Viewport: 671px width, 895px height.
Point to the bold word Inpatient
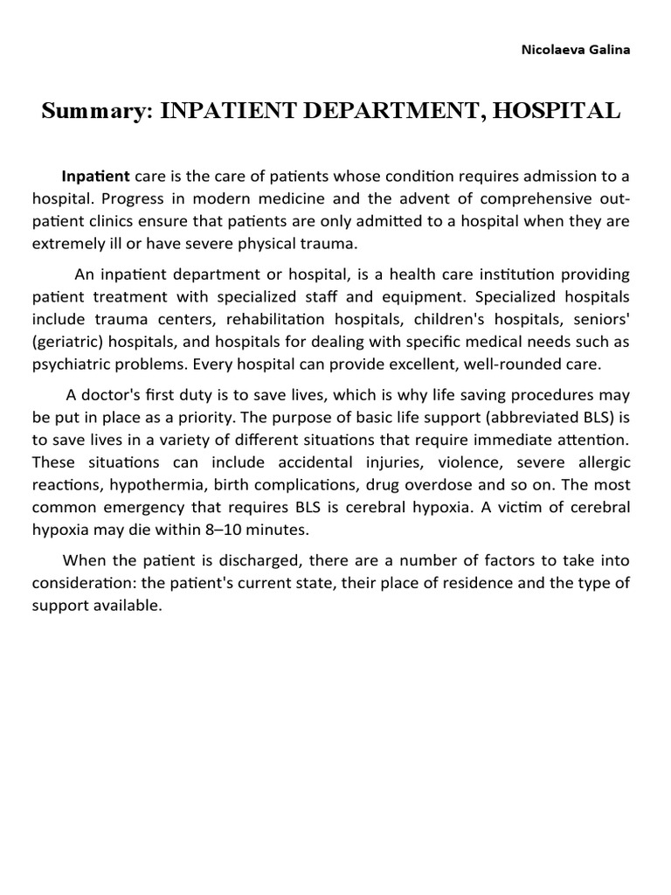(96, 176)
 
